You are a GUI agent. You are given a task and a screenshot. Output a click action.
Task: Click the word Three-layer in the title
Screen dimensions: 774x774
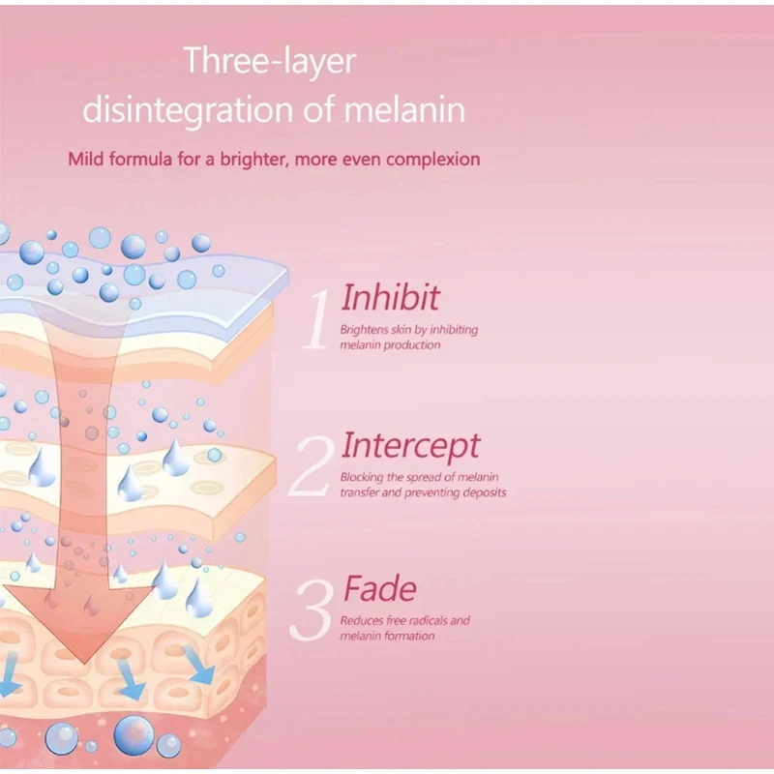coord(270,62)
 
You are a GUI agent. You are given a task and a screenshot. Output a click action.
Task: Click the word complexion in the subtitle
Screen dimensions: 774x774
coord(432,159)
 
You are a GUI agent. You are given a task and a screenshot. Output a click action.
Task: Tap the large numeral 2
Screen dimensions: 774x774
coord(313,467)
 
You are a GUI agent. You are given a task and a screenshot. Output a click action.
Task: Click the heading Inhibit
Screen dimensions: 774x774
coord(391,297)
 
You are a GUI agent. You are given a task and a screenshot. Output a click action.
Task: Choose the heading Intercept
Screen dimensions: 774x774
coord(410,446)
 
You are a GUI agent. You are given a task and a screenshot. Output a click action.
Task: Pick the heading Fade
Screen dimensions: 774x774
coord(379,589)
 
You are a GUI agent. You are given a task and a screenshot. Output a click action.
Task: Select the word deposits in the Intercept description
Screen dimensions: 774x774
coord(483,492)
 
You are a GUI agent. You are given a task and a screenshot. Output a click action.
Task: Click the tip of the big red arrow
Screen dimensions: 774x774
coord(87,663)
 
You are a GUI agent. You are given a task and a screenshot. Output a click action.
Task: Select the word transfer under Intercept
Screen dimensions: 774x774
coord(361,492)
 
